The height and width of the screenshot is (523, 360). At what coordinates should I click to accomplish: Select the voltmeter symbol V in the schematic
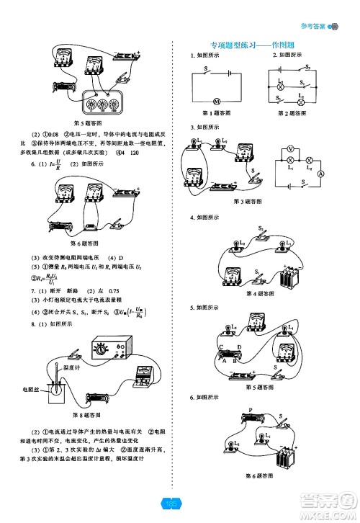[290, 150]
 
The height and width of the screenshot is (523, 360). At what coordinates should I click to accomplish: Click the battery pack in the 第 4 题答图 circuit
[289, 277]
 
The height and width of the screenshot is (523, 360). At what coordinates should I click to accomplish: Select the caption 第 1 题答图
[217, 113]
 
